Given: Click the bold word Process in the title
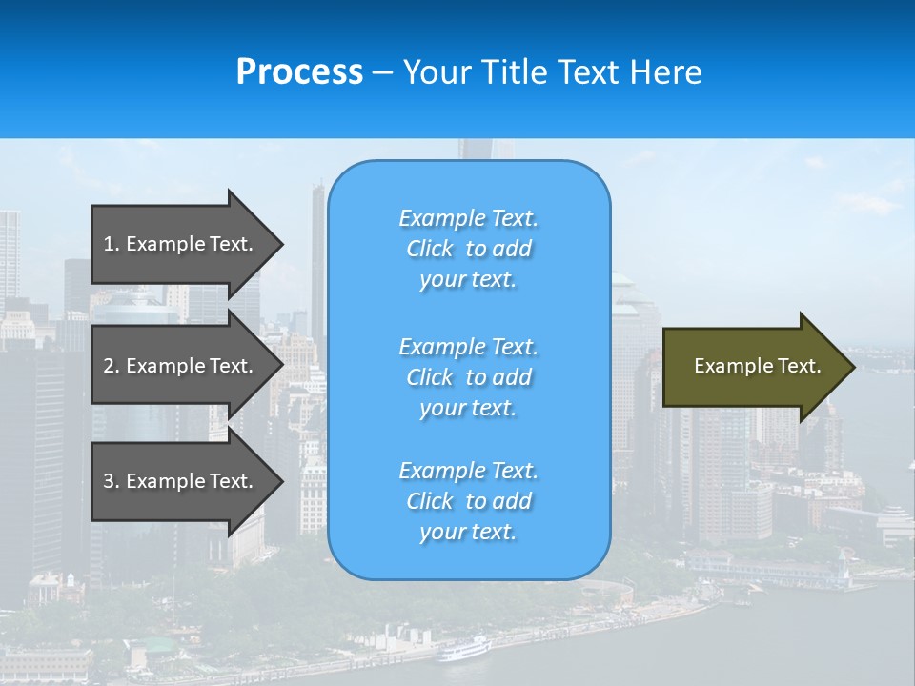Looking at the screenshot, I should [299, 72].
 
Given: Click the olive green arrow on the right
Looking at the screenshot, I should [753, 367].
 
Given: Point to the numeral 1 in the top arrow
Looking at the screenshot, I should [108, 244].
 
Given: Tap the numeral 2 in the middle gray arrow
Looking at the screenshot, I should [109, 366].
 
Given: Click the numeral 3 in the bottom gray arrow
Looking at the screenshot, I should [109, 481].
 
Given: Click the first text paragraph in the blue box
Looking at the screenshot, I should [468, 249].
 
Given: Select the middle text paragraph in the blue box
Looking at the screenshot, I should [468, 377].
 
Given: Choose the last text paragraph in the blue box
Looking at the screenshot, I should [468, 501].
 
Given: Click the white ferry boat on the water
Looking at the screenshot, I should [463, 650].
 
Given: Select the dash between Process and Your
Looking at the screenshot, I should [383, 72].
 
